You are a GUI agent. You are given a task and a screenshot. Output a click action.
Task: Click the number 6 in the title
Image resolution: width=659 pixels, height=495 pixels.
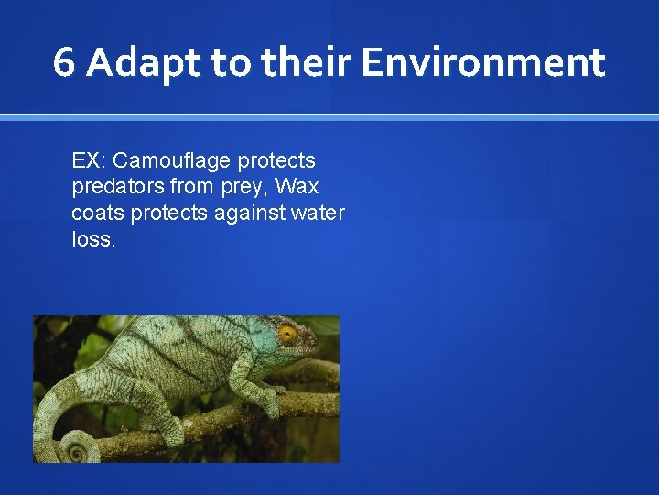pyautogui.click(x=64, y=63)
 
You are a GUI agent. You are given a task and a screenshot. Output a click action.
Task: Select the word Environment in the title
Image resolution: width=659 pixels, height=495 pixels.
pyautogui.click(x=482, y=63)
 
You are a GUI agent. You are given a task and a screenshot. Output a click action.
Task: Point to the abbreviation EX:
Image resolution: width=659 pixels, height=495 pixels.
pyautogui.click(x=90, y=161)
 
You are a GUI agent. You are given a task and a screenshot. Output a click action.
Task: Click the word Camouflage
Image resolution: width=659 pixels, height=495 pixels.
pyautogui.click(x=173, y=161)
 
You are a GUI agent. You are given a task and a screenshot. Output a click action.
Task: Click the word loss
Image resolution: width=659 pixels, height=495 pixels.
pyautogui.click(x=92, y=239)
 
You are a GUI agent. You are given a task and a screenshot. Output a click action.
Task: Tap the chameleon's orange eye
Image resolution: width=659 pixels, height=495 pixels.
pyautogui.click(x=288, y=333)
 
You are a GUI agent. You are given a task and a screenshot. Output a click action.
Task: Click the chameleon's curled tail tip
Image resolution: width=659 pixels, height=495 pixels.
pyautogui.click(x=75, y=449)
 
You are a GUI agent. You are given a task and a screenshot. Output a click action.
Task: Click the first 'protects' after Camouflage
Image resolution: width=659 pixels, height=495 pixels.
pyautogui.click(x=276, y=161)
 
